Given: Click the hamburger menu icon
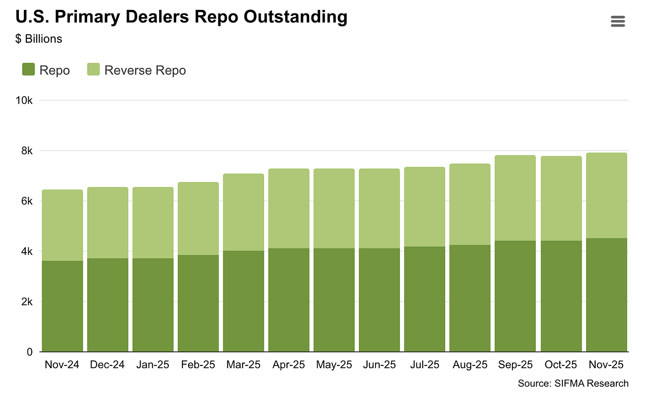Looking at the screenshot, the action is [618, 21].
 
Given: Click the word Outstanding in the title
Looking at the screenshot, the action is [295, 17].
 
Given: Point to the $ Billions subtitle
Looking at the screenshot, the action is [39, 39].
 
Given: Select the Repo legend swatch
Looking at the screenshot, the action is [28, 69].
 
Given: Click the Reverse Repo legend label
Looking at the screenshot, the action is [145, 71].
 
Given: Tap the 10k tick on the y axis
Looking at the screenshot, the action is [24, 101].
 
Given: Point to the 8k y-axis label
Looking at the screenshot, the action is [27, 151].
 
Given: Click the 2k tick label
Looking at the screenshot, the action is [27, 302].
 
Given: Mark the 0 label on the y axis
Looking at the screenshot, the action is [30, 352].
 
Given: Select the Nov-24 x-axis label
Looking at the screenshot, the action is [62, 364].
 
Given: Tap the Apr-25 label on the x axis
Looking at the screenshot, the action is [288, 364].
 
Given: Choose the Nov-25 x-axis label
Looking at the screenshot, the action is [606, 364].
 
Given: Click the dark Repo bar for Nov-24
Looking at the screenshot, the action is [62, 306].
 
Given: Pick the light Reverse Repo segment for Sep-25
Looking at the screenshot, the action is [515, 198].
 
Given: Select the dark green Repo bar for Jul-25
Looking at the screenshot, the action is [424, 299].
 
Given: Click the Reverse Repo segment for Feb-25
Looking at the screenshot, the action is [198, 218].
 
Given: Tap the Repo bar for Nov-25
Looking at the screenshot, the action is [607, 295].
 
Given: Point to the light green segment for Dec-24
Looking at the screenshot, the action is [108, 222].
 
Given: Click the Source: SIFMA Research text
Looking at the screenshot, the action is [573, 383].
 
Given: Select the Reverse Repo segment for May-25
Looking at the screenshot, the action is [334, 209].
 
